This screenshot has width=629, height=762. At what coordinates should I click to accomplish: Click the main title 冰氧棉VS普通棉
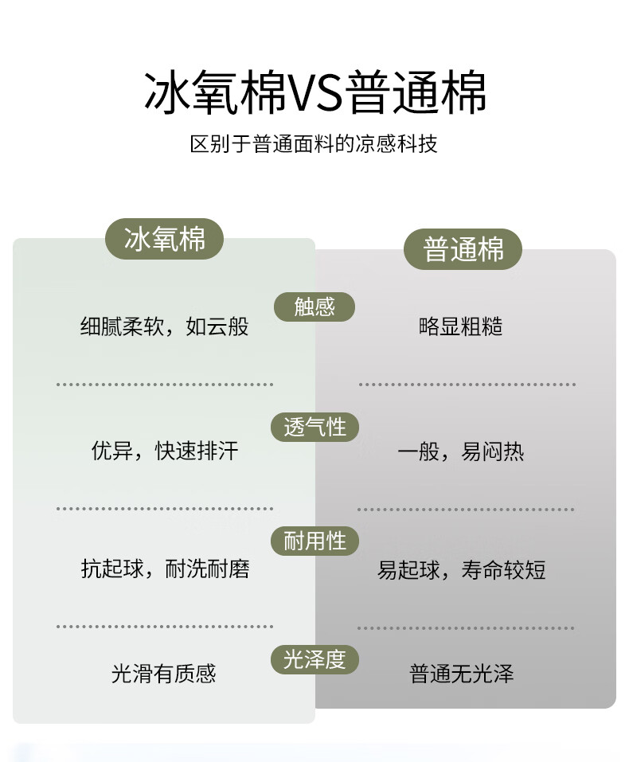[x=314, y=93]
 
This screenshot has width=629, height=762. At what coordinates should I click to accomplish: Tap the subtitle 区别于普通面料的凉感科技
[x=314, y=144]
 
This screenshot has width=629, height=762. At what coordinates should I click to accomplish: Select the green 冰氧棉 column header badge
[x=165, y=239]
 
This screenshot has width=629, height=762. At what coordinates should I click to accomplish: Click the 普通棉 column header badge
[x=463, y=249]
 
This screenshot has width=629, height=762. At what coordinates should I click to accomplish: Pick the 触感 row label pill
[x=314, y=307]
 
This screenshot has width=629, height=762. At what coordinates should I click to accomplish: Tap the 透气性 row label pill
[x=314, y=427]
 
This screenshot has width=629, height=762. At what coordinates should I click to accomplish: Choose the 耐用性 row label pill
[x=314, y=541]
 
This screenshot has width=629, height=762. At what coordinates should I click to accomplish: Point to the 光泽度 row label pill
[x=314, y=659]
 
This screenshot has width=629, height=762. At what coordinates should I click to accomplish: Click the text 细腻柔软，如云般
[x=165, y=326]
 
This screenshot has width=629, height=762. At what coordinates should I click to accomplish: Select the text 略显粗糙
[x=461, y=326]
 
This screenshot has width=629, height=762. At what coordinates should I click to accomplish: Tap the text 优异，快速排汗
[x=165, y=451]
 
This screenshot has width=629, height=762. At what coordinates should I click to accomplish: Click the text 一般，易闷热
[x=461, y=452]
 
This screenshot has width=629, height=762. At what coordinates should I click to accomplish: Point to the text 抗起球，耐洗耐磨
[x=165, y=569]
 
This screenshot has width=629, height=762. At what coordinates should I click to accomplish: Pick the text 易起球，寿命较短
[x=462, y=570]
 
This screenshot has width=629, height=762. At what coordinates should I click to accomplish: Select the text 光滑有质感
[x=164, y=674]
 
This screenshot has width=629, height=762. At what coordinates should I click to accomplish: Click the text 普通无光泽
[x=462, y=674]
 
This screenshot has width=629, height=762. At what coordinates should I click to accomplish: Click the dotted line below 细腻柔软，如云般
[x=165, y=385]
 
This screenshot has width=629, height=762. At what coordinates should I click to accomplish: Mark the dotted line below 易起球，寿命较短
[x=466, y=627]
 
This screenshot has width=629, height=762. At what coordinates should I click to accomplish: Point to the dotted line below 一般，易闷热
[x=466, y=509]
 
